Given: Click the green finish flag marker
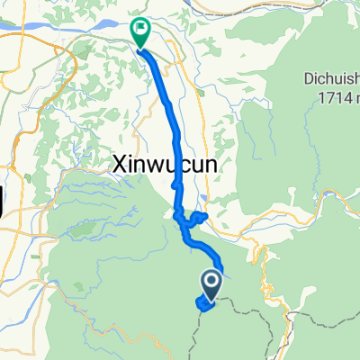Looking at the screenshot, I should point(141,31).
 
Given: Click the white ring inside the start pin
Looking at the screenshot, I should point(211,282).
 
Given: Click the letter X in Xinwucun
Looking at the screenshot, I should point(120,165).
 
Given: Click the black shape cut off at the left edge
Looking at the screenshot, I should point(4,198).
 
